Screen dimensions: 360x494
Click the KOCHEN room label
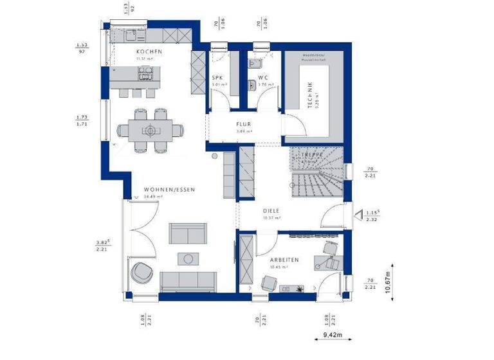click(149, 51)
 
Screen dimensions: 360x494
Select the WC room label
click(262, 78)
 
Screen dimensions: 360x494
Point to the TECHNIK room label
click(309, 94)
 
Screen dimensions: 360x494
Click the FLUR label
click(243, 125)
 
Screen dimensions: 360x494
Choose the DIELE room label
click(271, 210)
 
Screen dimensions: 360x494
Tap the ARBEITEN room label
click(284, 259)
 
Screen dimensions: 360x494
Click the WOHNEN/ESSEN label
click(169, 190)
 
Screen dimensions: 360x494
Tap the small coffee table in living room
click(187, 258)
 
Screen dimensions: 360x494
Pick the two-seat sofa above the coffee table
click(188, 233)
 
